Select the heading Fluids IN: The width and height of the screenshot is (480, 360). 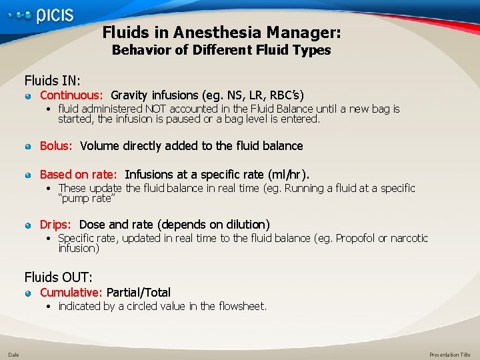[53, 81]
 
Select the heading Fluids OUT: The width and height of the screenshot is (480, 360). [59, 276]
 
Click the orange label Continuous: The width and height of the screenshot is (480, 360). [71, 95]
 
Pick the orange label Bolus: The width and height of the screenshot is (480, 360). [57, 145]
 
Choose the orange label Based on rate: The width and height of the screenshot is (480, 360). [79, 175]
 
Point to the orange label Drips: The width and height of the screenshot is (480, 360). [57, 225]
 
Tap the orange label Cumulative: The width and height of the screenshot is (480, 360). [71, 292]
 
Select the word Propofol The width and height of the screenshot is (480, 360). [356, 238]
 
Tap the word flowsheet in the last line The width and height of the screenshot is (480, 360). [241, 306]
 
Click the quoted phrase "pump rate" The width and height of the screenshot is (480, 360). [87, 199]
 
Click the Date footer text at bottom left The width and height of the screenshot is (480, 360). [13, 355]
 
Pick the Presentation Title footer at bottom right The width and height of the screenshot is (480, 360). [449, 355]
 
